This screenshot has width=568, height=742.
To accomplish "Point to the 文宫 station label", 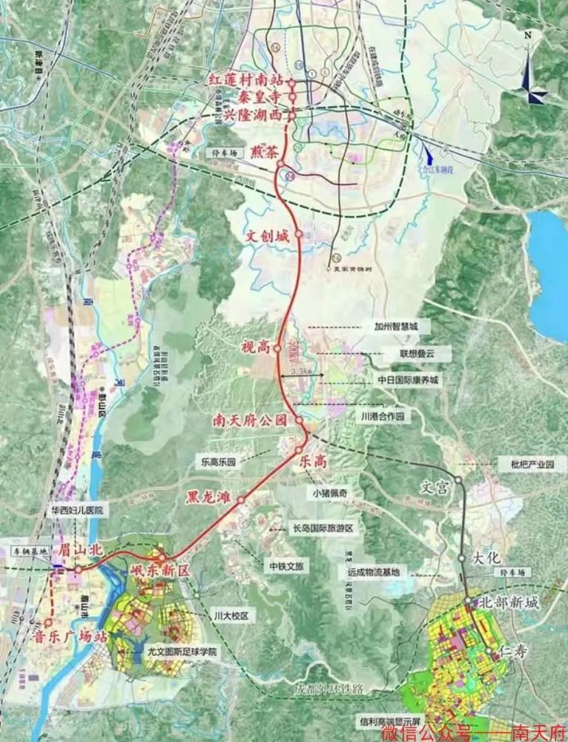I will click(x=436, y=489).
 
